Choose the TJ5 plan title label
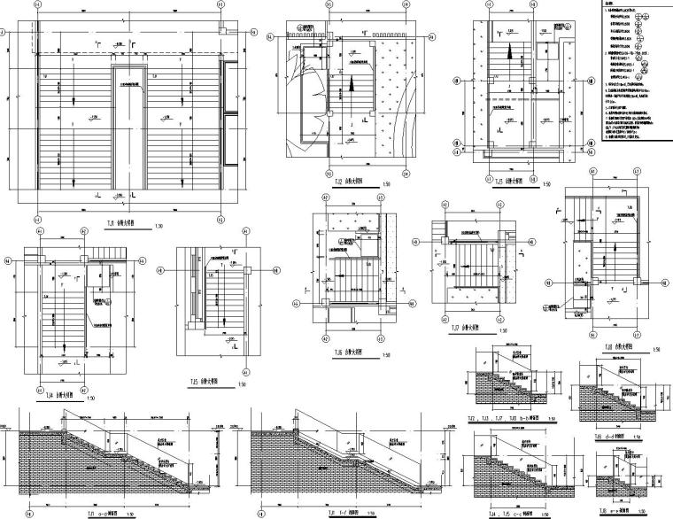205,383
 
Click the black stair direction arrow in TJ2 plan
350,87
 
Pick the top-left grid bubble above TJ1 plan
37,4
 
